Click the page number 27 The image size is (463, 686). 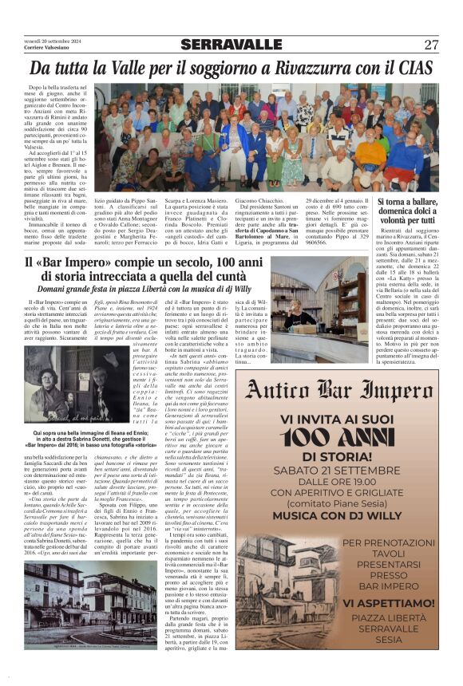[431, 45]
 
